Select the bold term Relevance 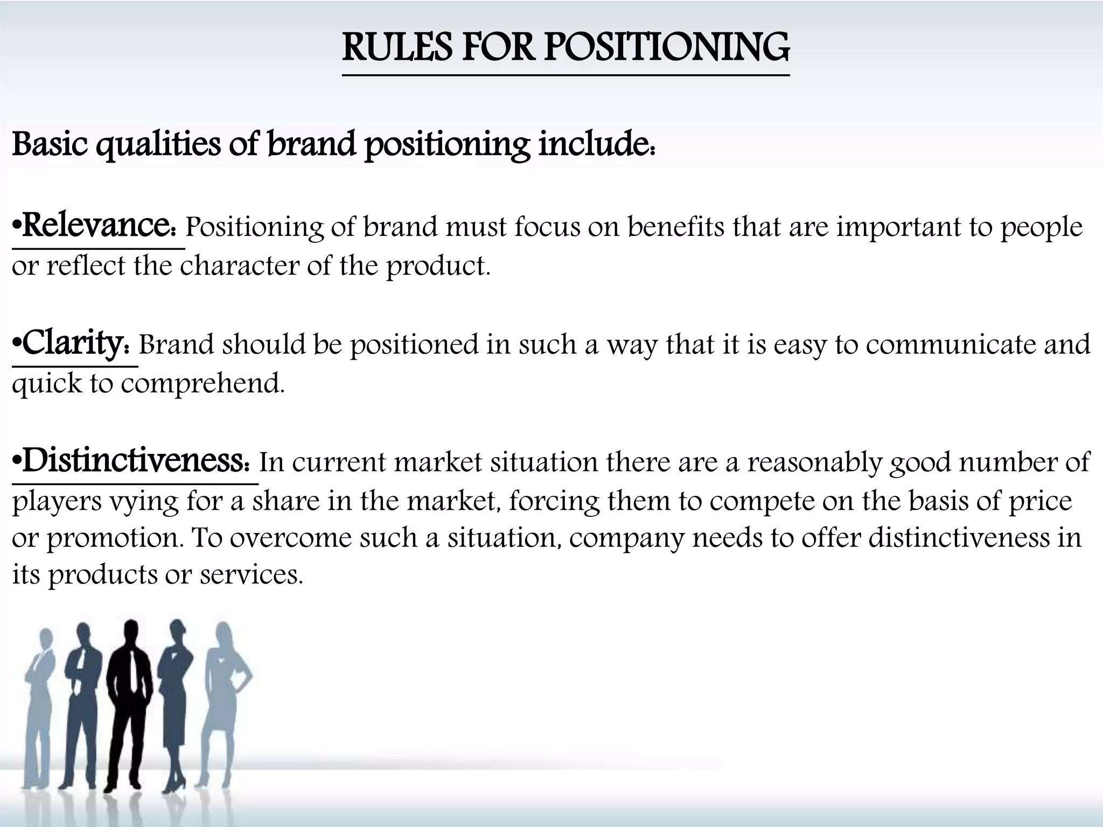point(97,226)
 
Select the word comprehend point(202,384)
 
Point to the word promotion point(116,538)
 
